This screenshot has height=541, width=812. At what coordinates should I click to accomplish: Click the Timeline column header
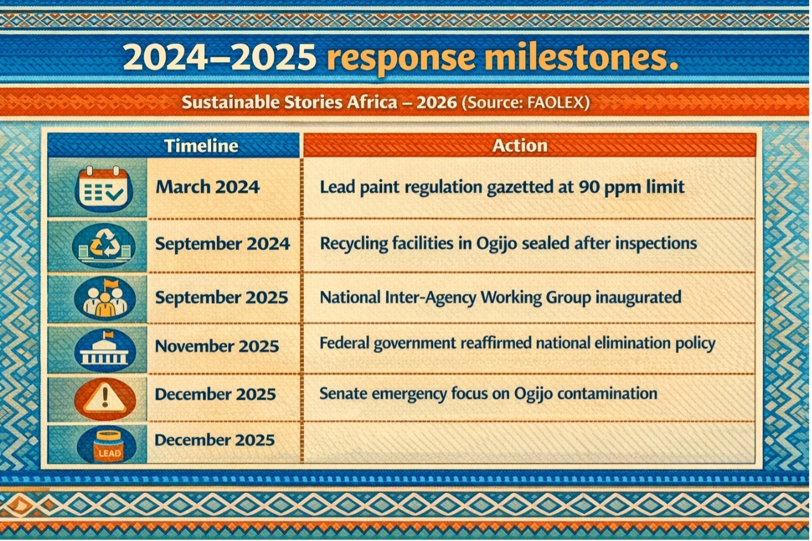tap(201, 146)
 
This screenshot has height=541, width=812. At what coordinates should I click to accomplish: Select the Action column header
tap(519, 146)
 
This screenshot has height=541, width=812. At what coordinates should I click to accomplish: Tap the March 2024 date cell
tap(207, 187)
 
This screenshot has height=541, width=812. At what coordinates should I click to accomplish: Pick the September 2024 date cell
tap(222, 244)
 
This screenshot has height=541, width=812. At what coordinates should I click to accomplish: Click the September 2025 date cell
tap(222, 297)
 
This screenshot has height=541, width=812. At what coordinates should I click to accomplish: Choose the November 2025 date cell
tap(216, 346)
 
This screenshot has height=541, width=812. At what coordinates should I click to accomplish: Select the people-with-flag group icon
tap(105, 299)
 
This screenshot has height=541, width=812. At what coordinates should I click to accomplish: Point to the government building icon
tap(105, 350)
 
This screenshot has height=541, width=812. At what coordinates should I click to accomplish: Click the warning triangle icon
tap(105, 398)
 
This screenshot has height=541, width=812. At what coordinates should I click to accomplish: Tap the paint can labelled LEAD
tap(107, 445)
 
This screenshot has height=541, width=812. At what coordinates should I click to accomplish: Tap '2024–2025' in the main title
tap(220, 57)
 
